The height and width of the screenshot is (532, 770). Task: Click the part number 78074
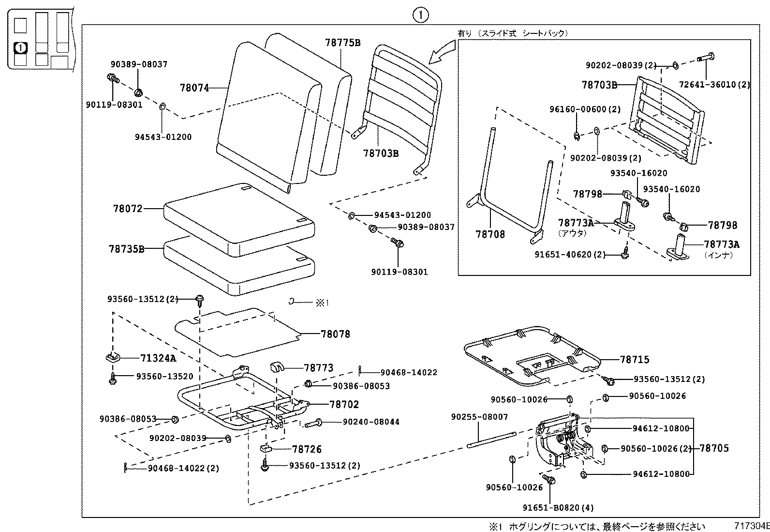click(x=194, y=88)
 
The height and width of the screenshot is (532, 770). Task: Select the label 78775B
click(x=342, y=43)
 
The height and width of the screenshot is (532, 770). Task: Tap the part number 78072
click(x=128, y=209)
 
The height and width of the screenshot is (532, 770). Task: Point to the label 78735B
click(x=126, y=249)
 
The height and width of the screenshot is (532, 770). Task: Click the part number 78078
click(x=335, y=334)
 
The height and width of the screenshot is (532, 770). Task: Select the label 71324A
click(x=158, y=359)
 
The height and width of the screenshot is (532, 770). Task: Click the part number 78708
click(x=490, y=234)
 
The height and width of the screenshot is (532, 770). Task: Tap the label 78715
click(x=635, y=360)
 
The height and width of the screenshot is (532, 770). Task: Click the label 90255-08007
click(x=479, y=417)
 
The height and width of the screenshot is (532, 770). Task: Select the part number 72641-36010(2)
click(x=714, y=85)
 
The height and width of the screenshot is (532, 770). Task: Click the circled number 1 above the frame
click(x=420, y=15)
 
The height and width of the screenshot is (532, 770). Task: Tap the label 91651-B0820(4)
click(x=558, y=508)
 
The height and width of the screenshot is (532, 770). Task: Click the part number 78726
click(x=307, y=449)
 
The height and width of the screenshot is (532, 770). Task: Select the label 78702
click(x=344, y=404)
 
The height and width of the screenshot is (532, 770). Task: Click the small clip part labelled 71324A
click(x=113, y=357)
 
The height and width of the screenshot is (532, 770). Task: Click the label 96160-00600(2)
click(x=585, y=109)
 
